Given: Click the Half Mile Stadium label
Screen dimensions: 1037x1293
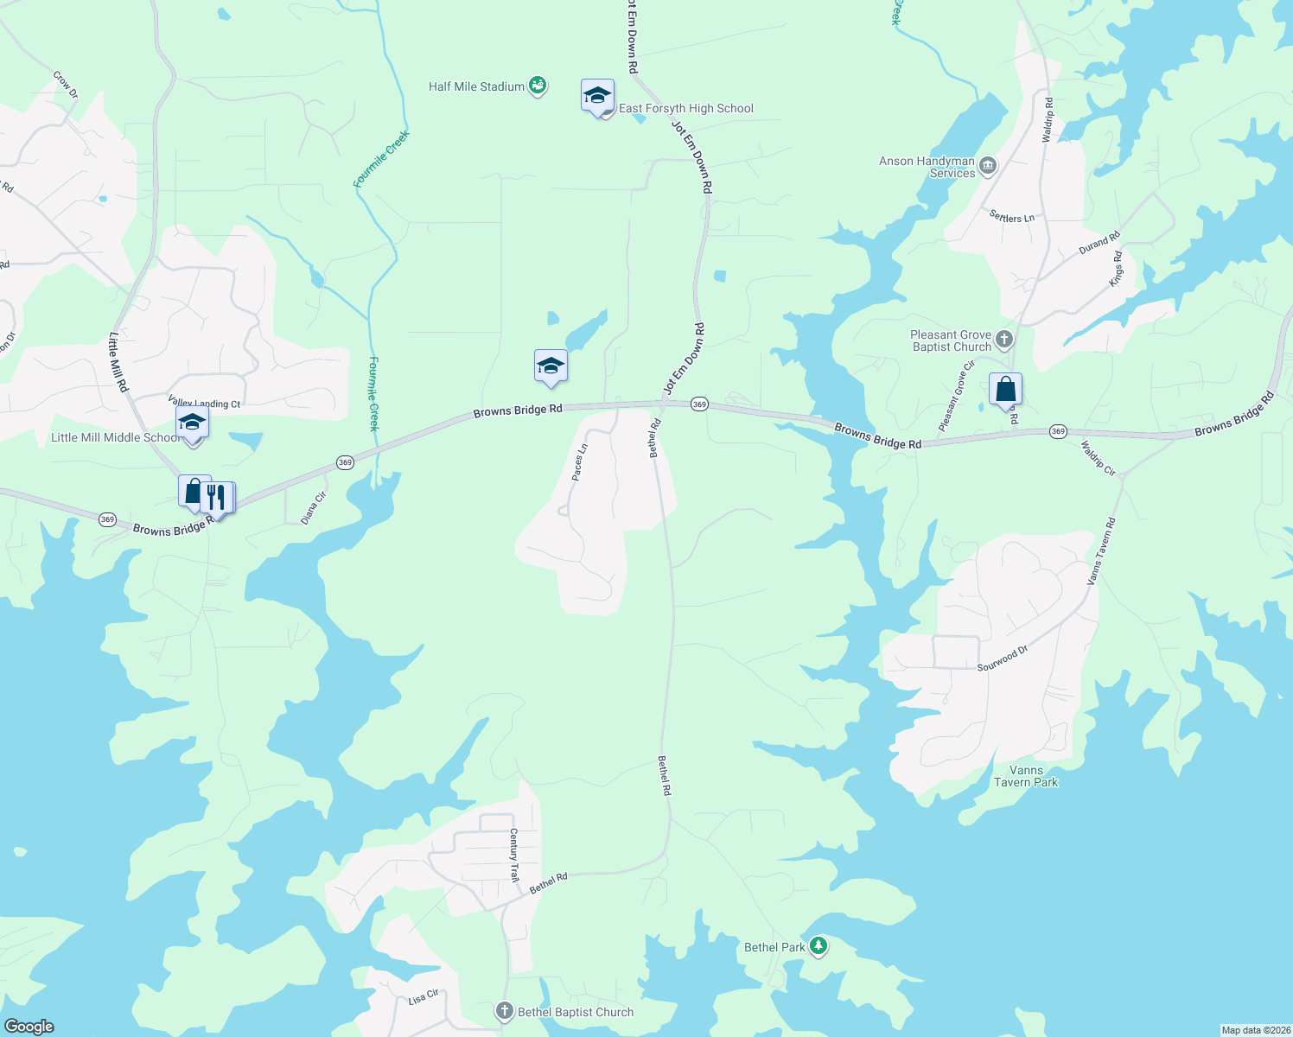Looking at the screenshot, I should click(x=476, y=86).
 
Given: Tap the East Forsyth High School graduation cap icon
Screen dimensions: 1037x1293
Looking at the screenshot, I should click(x=597, y=96).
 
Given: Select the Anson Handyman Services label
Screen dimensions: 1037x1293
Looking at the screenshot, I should click(x=927, y=167).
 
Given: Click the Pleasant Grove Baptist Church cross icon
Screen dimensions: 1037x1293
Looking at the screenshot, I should click(x=1004, y=340).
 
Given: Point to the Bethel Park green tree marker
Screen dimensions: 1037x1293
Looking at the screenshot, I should click(x=818, y=946).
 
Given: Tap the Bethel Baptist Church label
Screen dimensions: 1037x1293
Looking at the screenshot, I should click(x=576, y=1012).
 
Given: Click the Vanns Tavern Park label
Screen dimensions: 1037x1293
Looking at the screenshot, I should click(x=1026, y=776).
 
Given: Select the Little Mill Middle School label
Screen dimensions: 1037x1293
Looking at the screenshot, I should click(x=114, y=437).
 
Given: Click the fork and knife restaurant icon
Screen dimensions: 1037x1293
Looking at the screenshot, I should click(x=216, y=498).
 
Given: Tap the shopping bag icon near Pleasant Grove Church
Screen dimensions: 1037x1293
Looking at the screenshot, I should click(x=1005, y=389).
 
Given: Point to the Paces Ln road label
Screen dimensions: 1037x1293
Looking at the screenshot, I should click(x=580, y=462).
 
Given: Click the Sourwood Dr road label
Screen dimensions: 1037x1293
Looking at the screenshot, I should click(x=1003, y=658).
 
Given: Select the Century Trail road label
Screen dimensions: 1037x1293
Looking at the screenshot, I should click(x=514, y=855).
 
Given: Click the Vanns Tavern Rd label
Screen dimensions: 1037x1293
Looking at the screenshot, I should click(x=1100, y=551).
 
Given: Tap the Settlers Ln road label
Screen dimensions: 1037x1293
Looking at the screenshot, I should click(x=1012, y=218).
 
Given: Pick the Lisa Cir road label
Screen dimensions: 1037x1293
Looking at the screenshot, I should click(x=424, y=998).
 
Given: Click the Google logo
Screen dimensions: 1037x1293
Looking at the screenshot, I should click(x=29, y=1026).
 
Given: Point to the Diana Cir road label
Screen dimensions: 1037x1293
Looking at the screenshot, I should click(x=313, y=508).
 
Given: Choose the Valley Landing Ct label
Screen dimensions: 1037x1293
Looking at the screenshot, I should click(x=204, y=404).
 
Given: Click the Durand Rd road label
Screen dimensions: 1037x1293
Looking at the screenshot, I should click(x=1099, y=244).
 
